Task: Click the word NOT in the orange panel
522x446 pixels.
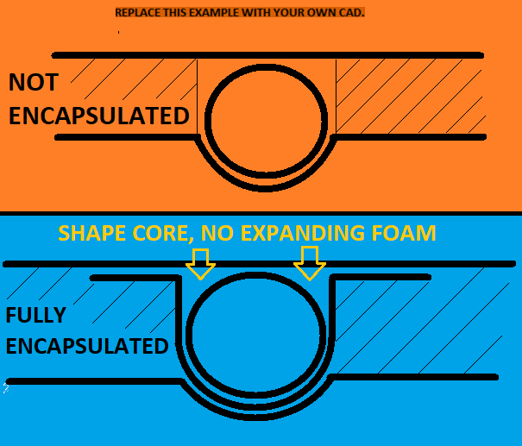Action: [x=34, y=83]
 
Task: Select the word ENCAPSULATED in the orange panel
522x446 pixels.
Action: [x=98, y=116]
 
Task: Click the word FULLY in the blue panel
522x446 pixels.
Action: [x=36, y=316]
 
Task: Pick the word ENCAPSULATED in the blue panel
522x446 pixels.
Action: [x=86, y=347]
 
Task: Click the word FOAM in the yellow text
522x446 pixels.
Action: [x=405, y=234]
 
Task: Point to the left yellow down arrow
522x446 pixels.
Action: [x=201, y=263]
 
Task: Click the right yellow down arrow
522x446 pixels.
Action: [x=310, y=262]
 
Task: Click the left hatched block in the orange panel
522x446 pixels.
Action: [x=129, y=95]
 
